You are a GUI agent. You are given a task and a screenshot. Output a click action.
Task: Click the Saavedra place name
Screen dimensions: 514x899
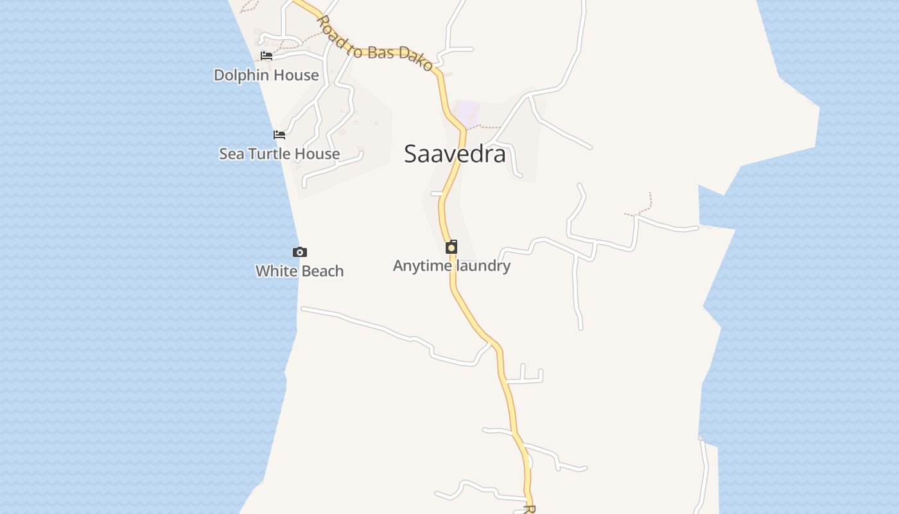[x=455, y=154]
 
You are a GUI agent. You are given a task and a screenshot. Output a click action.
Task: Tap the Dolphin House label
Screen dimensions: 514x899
[x=266, y=75]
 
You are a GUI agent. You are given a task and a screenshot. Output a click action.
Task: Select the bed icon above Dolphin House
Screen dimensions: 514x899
[x=266, y=56]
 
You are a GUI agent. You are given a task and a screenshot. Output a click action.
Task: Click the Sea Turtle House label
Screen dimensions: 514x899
[x=279, y=154]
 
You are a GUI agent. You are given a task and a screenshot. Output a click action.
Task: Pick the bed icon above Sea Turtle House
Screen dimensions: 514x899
[x=279, y=135]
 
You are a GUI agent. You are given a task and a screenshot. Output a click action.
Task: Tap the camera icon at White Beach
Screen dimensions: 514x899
[x=299, y=252]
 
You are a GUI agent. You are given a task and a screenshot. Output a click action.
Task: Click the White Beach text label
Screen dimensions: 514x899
[x=299, y=271]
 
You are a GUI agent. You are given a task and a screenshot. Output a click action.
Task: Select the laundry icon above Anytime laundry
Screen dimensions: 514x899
[x=451, y=247]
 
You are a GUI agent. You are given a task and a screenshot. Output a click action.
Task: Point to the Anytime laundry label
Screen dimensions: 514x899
[x=451, y=265]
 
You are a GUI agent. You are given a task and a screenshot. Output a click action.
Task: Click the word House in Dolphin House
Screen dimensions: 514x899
[x=295, y=75]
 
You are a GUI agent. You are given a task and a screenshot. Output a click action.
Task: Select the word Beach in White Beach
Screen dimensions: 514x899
[x=322, y=271]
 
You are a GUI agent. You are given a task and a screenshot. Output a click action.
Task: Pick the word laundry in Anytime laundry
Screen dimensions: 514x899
[x=482, y=265]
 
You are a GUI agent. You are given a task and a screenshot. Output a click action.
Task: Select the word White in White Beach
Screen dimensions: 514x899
[x=275, y=271]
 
